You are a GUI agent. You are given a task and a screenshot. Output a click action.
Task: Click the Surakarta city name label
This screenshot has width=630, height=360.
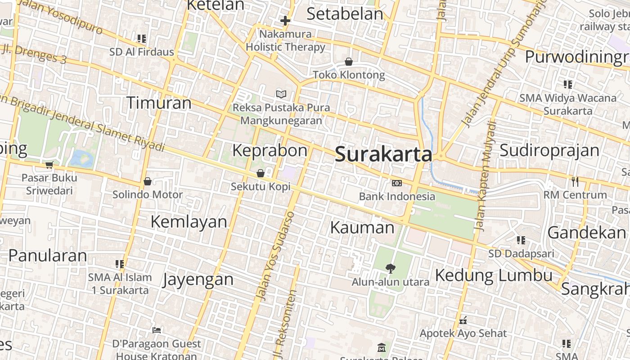coord(383,154)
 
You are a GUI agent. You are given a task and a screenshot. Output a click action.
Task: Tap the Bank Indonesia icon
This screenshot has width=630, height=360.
coord(397,183)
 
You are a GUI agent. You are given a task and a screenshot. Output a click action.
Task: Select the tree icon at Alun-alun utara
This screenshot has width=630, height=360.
coord(391,268)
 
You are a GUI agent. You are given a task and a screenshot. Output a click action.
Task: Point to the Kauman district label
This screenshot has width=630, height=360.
coord(362,228)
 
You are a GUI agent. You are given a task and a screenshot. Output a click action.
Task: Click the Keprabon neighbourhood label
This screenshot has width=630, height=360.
coord(270,150)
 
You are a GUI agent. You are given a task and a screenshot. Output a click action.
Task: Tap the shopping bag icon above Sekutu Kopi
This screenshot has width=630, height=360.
coord(261,173)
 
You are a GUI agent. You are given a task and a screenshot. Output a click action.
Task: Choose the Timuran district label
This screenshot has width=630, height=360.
coord(159,103)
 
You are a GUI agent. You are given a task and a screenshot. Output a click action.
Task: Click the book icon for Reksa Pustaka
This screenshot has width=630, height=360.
coord(281,94)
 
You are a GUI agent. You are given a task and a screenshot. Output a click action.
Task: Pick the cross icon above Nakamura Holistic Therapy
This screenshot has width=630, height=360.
coord(285,21)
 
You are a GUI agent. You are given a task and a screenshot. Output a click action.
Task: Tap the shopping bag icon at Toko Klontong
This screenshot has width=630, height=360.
coord(349,62)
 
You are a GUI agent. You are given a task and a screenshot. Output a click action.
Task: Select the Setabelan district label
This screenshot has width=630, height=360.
coord(345,14)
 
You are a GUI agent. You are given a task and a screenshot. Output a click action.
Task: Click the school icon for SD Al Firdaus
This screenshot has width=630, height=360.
coord(142,39)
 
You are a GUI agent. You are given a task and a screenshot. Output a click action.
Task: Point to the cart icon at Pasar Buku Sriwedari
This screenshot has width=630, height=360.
coord(49,165)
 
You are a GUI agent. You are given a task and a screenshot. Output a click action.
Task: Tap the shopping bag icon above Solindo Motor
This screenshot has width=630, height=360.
coord(147,181)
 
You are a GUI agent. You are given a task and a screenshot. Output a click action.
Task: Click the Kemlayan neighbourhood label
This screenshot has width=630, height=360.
coord(189,221)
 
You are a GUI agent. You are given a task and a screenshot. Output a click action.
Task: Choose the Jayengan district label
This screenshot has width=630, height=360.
coord(198,279)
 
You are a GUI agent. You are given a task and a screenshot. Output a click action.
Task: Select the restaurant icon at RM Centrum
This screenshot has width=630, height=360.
coord(575,181)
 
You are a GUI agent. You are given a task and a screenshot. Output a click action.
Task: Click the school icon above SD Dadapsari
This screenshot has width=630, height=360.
coord(521,240)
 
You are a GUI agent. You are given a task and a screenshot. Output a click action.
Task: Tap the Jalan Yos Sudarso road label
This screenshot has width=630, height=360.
coord(275,256)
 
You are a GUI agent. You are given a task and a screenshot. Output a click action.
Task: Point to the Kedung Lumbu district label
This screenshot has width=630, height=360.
coord(494,275)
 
